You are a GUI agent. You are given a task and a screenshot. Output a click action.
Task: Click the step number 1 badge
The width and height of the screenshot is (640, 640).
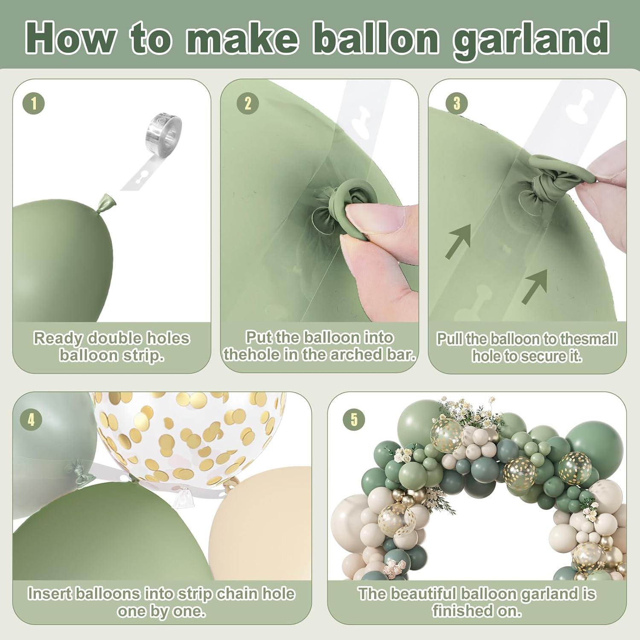click(35, 104)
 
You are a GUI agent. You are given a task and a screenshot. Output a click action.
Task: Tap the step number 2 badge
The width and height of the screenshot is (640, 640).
click(248, 104)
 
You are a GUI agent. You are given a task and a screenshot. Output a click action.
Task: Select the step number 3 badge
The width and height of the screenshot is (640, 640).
click(457, 104)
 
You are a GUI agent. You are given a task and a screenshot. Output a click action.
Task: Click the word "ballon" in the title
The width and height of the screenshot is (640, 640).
click(379, 38)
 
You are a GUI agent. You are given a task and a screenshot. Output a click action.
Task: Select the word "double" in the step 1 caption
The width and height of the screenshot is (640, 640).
click(113, 338)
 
